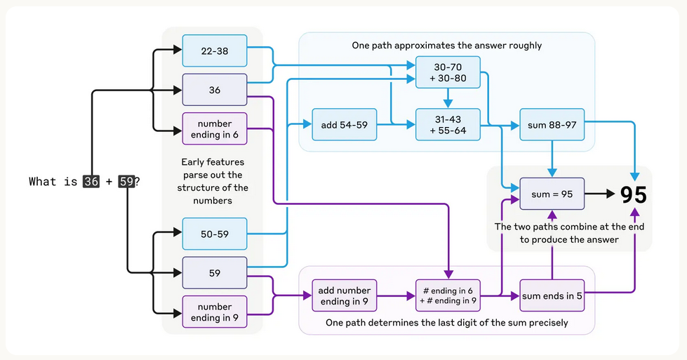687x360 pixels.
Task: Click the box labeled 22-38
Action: point(214,51)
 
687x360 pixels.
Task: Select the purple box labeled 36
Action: point(214,90)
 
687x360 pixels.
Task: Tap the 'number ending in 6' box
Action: point(214,129)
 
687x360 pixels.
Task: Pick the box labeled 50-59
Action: point(214,234)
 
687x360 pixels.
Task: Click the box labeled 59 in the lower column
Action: point(214,273)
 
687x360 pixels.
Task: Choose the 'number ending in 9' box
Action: point(214,312)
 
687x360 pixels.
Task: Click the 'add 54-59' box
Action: point(344,125)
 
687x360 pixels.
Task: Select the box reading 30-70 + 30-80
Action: point(447,72)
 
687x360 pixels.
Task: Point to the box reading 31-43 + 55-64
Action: point(447,125)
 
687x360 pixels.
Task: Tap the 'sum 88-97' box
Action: point(552,125)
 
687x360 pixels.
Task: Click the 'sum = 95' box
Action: point(552,194)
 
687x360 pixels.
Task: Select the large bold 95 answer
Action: point(634,194)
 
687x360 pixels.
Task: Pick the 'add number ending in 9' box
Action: point(344,296)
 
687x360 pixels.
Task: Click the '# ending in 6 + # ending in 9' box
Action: point(447,296)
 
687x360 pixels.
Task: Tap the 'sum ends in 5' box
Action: point(552,296)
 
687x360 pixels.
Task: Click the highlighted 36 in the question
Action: point(91,182)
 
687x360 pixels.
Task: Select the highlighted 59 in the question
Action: point(126,182)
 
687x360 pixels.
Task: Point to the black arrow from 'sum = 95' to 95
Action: point(598,194)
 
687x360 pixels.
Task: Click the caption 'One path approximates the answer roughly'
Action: point(447,46)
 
